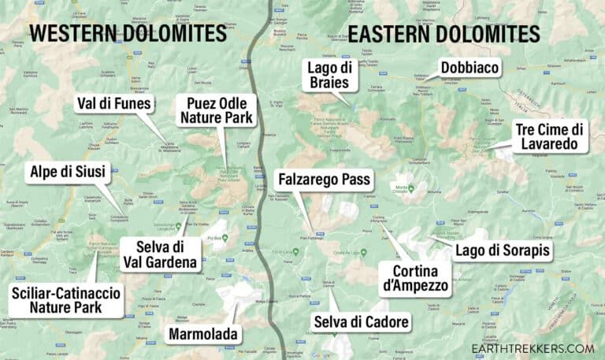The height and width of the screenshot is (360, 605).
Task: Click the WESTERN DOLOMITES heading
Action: tap(128, 33)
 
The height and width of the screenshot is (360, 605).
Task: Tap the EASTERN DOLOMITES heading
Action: tap(444, 33)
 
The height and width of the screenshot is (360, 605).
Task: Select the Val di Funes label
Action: tap(115, 104)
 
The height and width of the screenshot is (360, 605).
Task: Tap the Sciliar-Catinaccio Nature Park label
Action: tap(66, 301)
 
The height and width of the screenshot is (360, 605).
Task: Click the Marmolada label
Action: tap(203, 335)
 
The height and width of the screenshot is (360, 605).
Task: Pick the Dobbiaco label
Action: tap(470, 69)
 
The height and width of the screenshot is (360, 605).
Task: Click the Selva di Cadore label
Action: tap(361, 321)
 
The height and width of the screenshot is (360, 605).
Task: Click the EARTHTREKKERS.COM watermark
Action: tap(533, 348)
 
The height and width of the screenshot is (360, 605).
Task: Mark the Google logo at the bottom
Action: tap(320, 355)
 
